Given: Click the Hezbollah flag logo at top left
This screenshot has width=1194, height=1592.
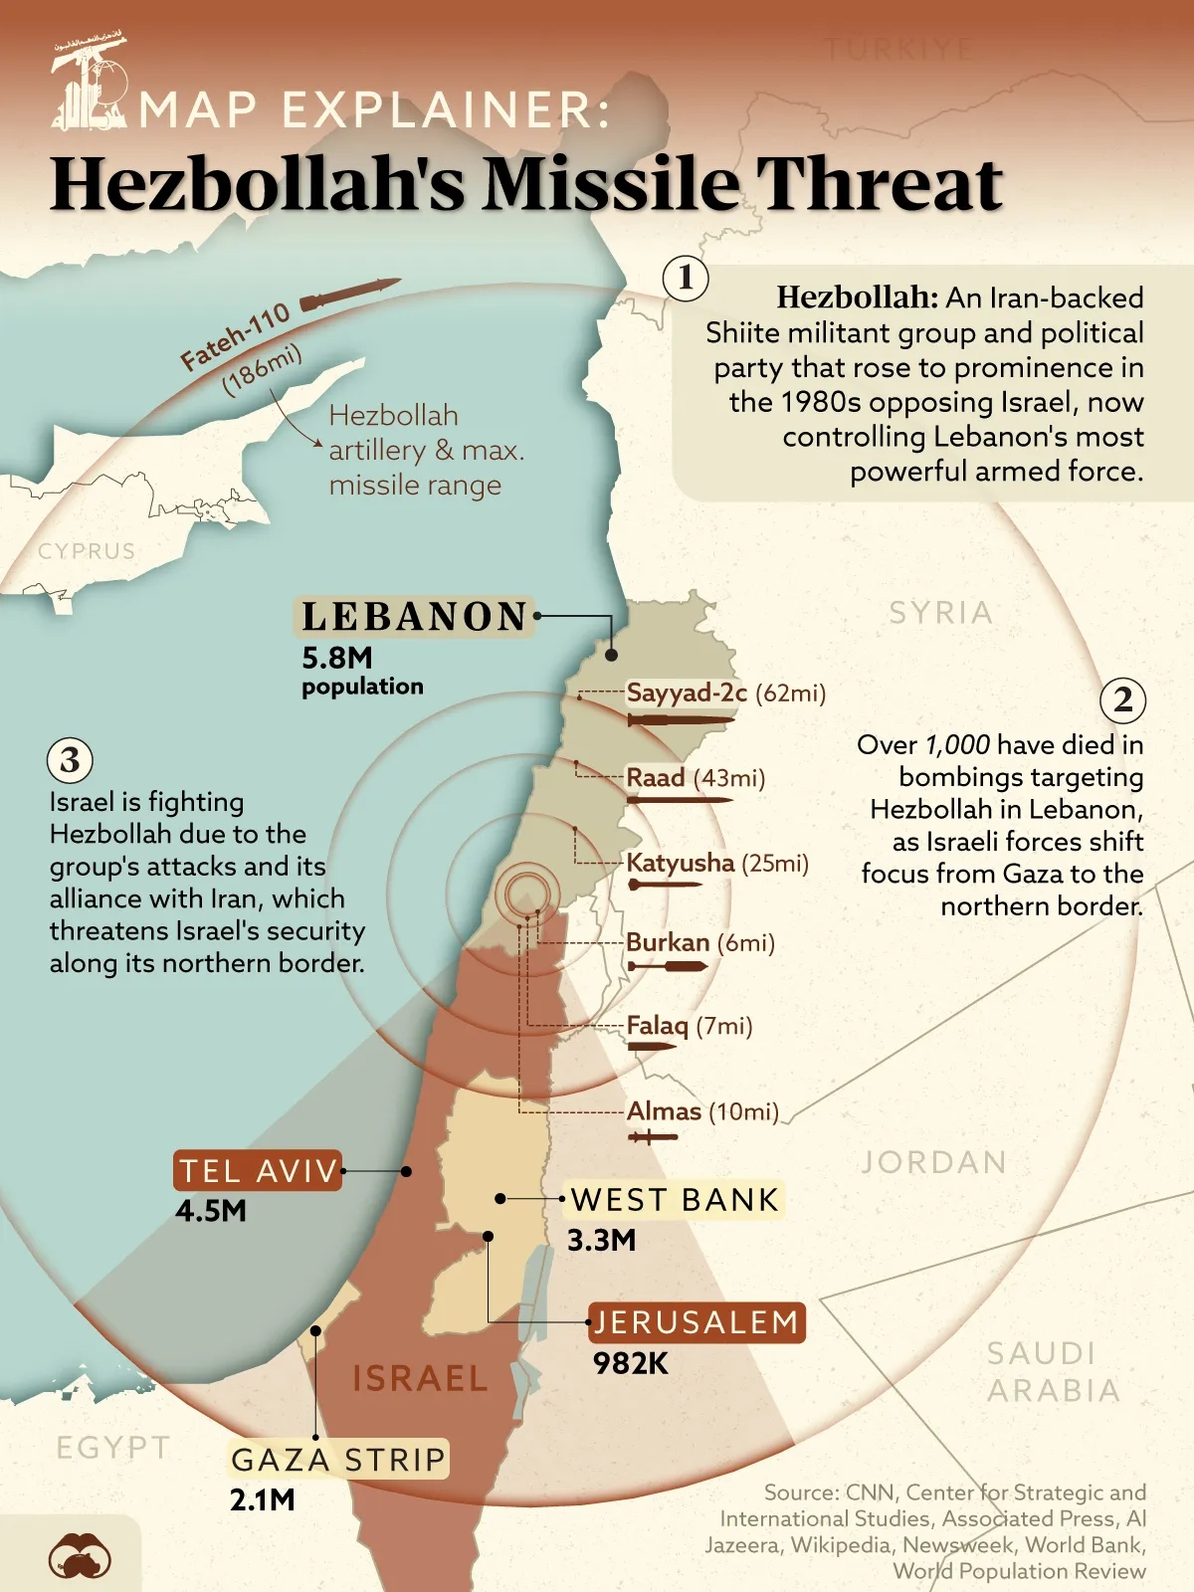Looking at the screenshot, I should pos(89,84).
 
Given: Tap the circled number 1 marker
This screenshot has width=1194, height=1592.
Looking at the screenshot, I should pos(686,279).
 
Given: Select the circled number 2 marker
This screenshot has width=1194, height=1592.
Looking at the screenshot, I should pos(1122,700).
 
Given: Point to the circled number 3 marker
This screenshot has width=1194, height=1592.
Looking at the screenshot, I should pos(70,760).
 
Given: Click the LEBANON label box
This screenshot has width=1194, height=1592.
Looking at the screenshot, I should pos(414,617).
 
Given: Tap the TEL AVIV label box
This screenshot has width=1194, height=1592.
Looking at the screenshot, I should pos(259,1171).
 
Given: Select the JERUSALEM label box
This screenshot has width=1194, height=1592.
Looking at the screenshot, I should pos(696,1322).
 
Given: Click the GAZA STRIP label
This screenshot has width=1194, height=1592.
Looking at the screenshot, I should pos(338,1460).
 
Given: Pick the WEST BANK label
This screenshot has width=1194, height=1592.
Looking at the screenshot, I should pos(675,1200).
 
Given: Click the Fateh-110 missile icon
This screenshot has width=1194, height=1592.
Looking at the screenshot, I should pos(348,294).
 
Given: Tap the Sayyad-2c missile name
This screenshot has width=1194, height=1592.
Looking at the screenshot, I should pos(686,693).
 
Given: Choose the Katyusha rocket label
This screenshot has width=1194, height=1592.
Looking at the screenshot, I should pos(680,863).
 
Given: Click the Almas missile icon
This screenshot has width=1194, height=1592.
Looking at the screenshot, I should pos(652,1136).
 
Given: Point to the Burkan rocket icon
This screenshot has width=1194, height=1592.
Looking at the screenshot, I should pos(667,966).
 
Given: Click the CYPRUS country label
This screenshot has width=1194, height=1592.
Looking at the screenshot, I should pos(87,551).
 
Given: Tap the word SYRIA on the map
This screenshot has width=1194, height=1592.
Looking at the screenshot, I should pos(940,613).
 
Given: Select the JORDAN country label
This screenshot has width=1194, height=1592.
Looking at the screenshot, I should pos(933,1162).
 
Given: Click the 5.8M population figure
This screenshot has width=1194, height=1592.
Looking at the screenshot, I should pos(337,658).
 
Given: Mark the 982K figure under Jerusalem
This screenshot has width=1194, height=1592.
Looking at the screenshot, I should pos(631,1363).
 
